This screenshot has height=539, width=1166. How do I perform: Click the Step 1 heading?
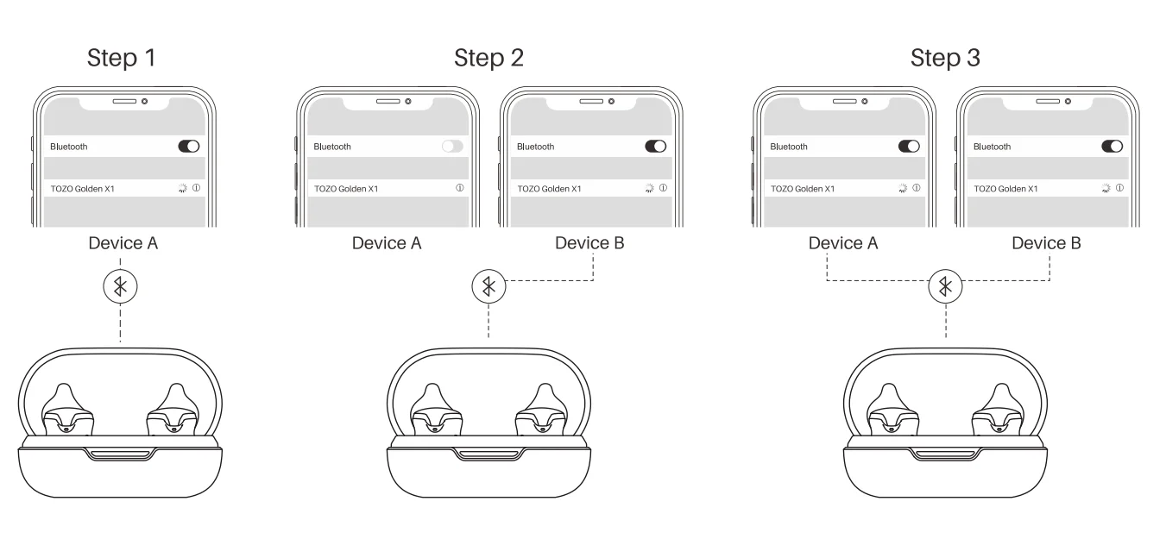coord(122,59)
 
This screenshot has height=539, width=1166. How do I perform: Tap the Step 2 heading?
coord(488,59)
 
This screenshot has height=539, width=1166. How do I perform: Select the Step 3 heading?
coord(945,59)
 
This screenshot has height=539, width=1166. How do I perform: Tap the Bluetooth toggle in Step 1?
coord(188,147)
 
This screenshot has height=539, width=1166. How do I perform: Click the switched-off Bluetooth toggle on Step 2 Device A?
coord(452,147)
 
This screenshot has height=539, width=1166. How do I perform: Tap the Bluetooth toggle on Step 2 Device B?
coord(656,147)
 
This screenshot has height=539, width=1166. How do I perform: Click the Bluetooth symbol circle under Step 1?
coord(120,286)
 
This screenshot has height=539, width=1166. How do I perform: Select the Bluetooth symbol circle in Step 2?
coord(489,286)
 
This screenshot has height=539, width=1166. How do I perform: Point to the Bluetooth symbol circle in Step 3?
coord(946,286)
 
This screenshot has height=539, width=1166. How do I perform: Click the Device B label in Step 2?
coord(589,243)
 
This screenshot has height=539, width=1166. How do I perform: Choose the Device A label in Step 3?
coord(843,243)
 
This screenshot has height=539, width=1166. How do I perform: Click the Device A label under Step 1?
coord(123,243)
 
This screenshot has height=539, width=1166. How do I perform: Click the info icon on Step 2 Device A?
coord(459,188)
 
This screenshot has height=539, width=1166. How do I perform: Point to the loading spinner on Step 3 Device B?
coord(1106,187)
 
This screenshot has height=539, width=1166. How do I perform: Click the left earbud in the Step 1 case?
coord(65,411)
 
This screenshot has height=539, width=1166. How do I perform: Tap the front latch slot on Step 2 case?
coord(489,454)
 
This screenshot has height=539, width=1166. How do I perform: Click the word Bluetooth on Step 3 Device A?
coord(788,147)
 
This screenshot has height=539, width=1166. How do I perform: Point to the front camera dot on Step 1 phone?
coord(144,101)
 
